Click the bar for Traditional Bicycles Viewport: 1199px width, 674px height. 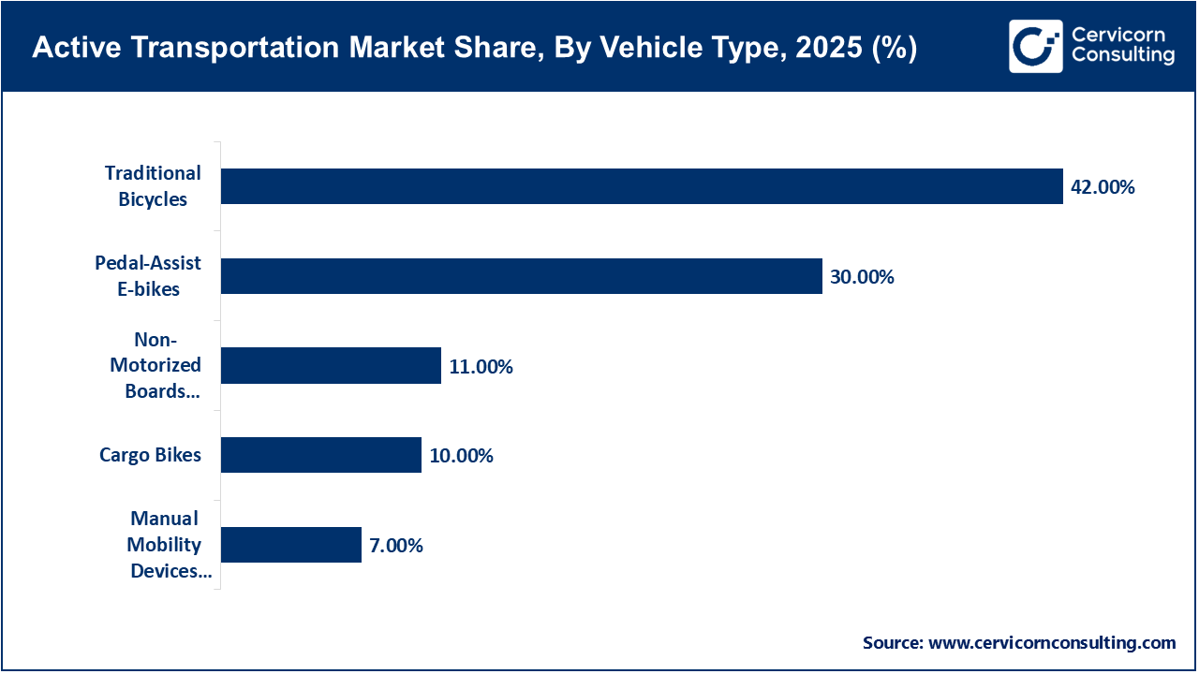642,186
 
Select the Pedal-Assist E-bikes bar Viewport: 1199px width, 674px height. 521,276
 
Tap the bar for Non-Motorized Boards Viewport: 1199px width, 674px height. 331,366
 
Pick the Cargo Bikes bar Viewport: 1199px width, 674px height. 320,456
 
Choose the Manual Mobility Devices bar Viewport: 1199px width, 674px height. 290,545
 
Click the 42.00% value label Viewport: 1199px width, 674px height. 1103,187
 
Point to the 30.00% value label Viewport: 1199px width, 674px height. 862,277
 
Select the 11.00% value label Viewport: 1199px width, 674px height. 481,367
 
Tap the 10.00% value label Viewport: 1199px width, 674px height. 461,457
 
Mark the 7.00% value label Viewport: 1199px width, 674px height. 396,546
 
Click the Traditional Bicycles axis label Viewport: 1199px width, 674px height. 153,186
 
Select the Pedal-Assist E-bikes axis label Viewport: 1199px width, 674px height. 148,276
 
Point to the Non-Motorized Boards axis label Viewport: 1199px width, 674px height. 155,366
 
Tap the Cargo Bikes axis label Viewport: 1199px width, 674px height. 150,456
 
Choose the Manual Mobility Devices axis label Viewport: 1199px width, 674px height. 165,545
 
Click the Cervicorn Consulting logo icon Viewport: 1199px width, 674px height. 1035,46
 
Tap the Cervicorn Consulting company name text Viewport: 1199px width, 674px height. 1122,46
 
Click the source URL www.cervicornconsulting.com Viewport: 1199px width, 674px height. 1051,643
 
